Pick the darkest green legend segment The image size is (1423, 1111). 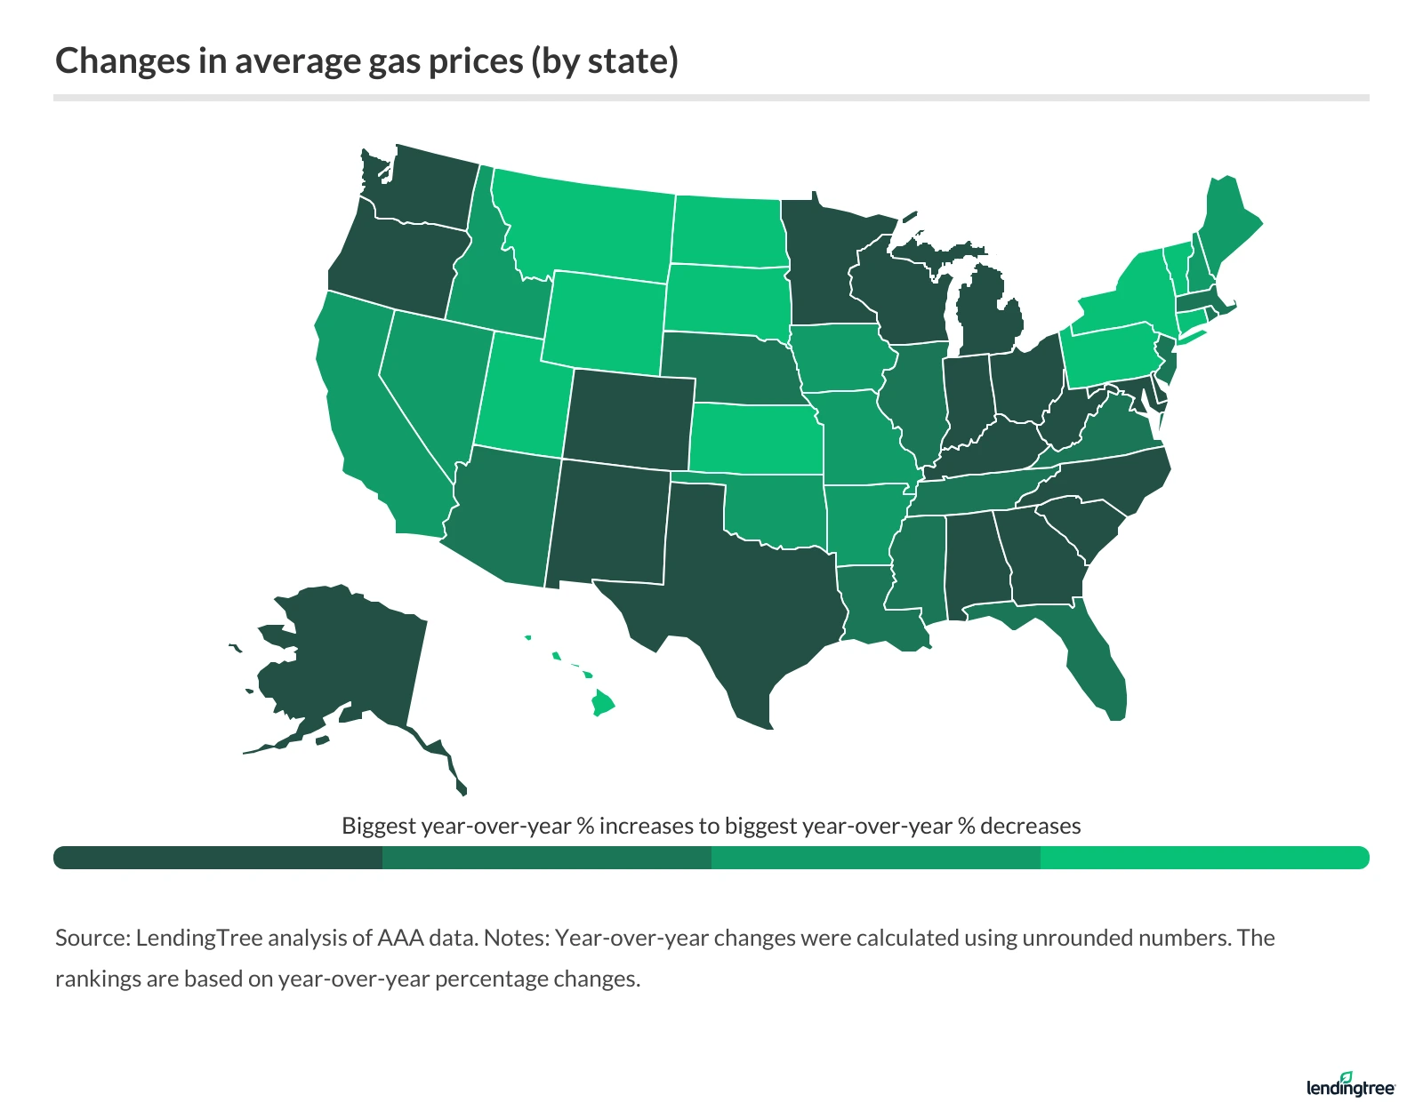[218, 858]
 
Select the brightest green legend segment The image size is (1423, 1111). [1205, 858]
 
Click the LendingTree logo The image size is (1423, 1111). [1351, 1085]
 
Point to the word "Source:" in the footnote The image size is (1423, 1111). [92, 938]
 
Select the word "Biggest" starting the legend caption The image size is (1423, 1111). [379, 826]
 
